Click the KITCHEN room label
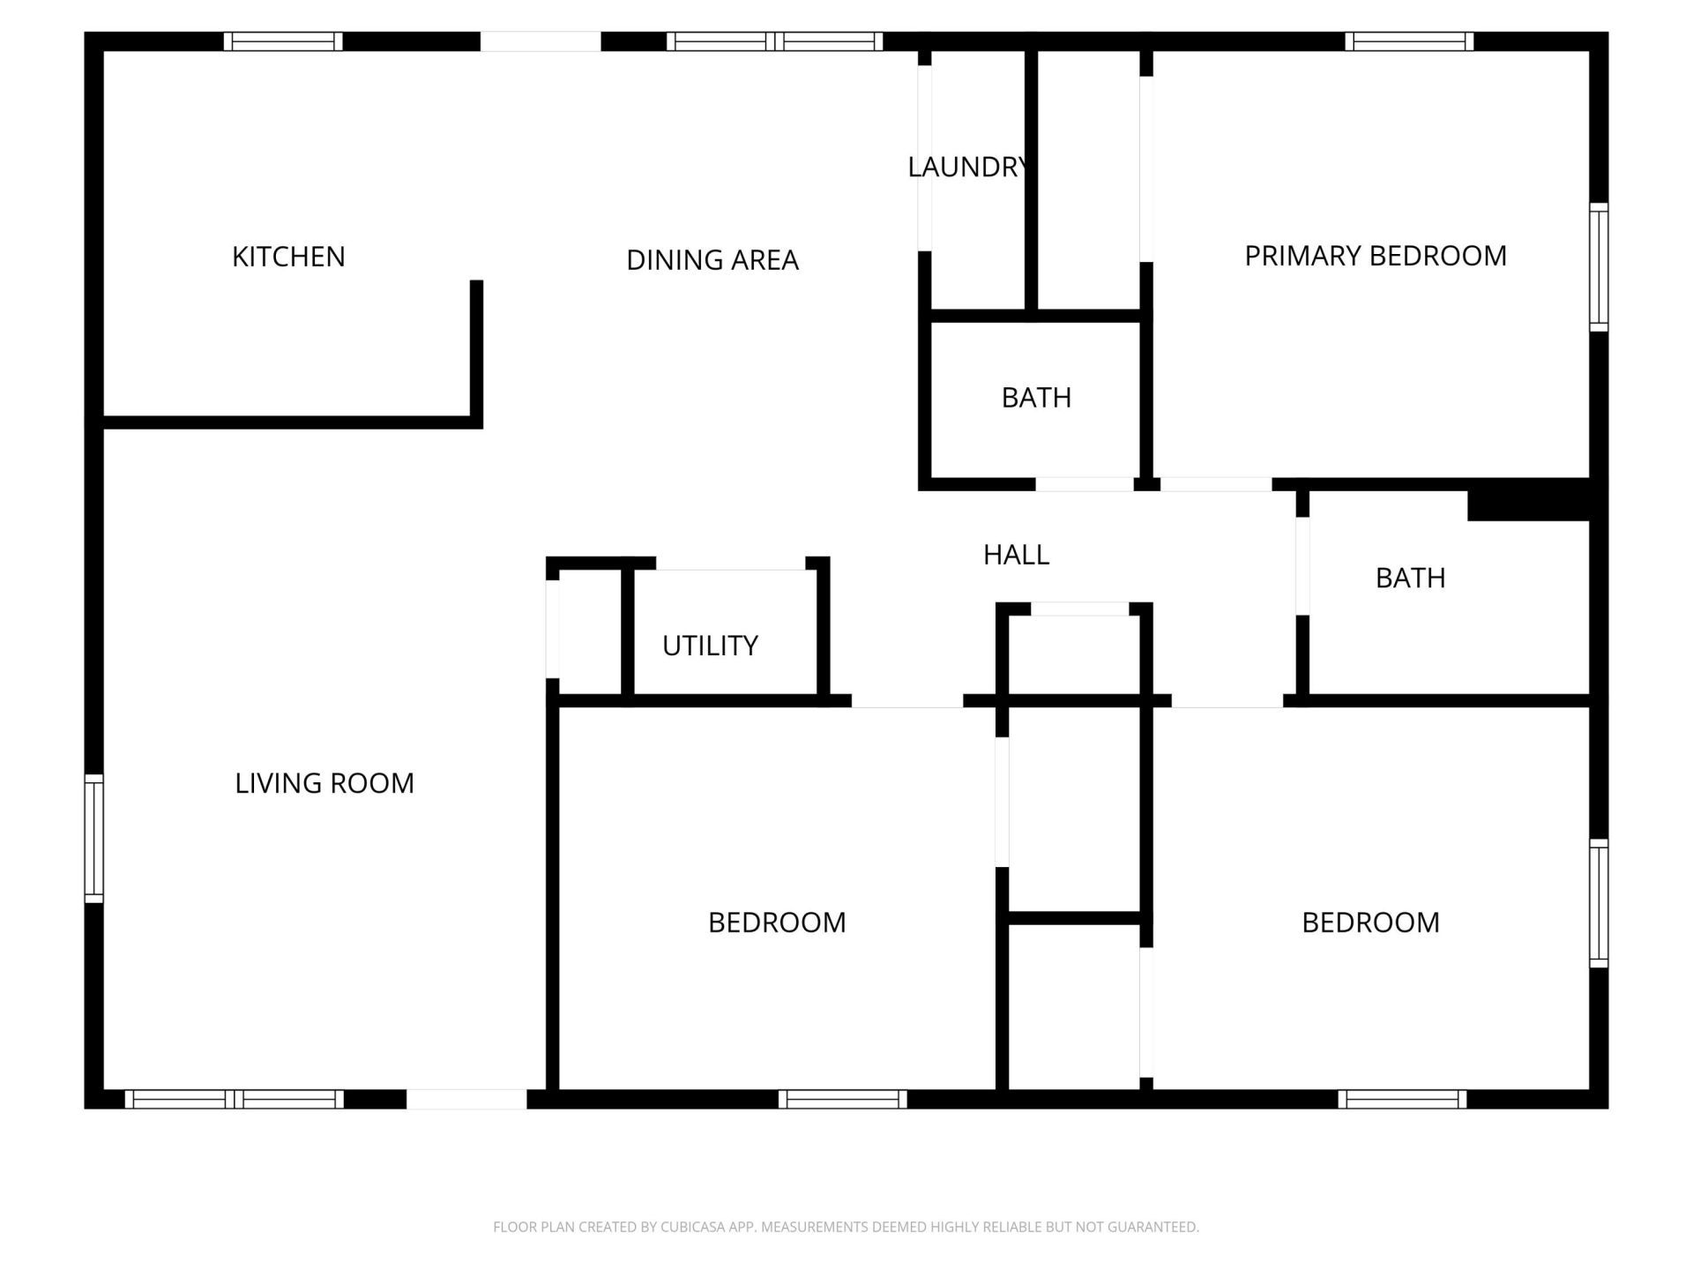tap(288, 257)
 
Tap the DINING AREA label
tap(712, 260)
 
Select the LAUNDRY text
tap(967, 167)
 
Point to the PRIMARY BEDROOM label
tap(1376, 256)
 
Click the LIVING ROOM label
tap(324, 783)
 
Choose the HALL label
tap(1016, 555)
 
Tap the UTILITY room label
tap(710, 646)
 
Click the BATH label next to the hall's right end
tap(1410, 578)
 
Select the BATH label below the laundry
tap(1036, 398)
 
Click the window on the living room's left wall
tap(93, 839)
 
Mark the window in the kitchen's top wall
tap(283, 41)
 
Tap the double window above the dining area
tap(775, 41)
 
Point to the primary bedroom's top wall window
tap(1409, 41)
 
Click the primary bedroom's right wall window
tap(1599, 267)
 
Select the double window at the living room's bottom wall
tap(235, 1099)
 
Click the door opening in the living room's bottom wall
tap(466, 1099)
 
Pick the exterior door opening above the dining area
tap(541, 41)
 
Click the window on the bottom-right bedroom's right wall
tap(1599, 903)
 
